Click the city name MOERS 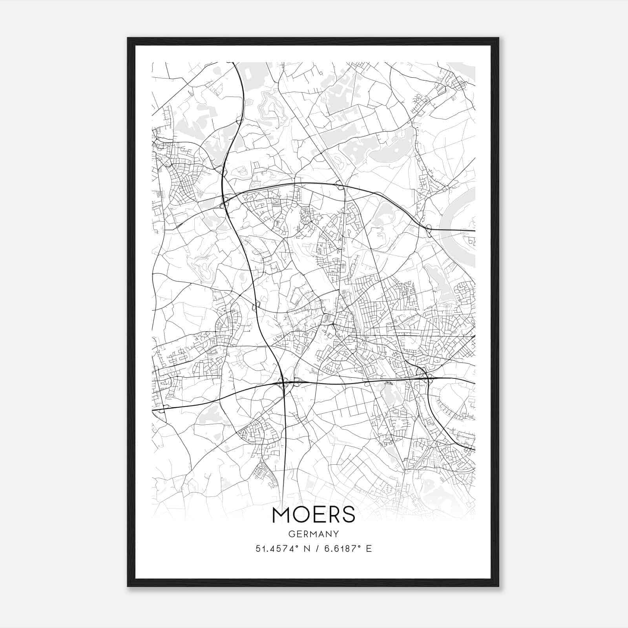pos(313,515)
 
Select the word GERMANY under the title pos(313,534)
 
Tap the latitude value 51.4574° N pos(282,548)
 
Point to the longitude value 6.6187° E pos(348,548)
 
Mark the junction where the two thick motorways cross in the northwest pos(225,203)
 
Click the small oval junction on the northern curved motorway pos(339,183)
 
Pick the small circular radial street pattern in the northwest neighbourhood pos(199,193)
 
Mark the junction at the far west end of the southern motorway pos(165,407)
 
